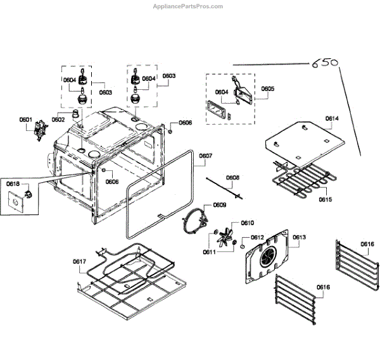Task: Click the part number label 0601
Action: (x=25, y=119)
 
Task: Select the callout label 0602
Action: (x=58, y=119)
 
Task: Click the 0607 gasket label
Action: (x=206, y=156)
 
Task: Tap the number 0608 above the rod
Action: (x=233, y=178)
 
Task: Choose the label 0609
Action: (x=220, y=204)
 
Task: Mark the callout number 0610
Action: (x=247, y=223)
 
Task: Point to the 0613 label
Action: (x=300, y=237)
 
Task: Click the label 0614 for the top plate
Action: (x=332, y=118)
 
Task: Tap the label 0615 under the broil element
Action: (x=325, y=200)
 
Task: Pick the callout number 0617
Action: (x=79, y=261)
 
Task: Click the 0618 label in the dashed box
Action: (x=13, y=184)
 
